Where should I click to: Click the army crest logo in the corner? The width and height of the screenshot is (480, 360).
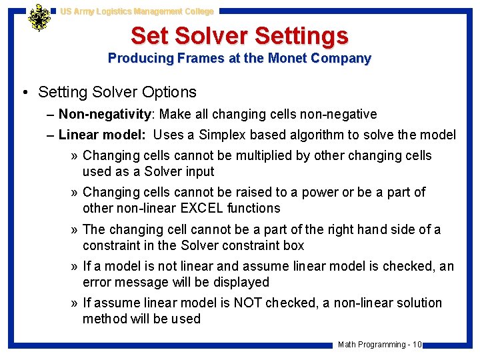click(39, 18)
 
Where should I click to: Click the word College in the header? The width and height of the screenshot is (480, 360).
click(196, 11)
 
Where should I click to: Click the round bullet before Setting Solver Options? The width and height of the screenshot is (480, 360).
click(25, 92)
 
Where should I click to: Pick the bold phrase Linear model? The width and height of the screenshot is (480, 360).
click(102, 135)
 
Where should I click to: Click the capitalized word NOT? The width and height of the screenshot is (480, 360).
click(248, 303)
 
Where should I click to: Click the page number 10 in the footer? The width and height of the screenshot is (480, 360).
click(417, 345)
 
